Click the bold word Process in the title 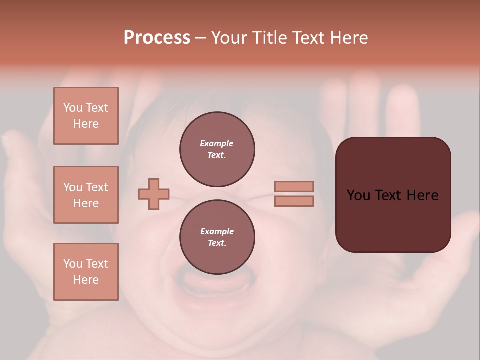[157, 38]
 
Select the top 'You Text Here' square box [86, 116]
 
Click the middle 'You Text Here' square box [86, 195]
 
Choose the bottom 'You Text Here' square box [86, 272]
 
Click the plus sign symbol [154, 194]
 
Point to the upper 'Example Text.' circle [217, 149]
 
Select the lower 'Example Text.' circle [217, 237]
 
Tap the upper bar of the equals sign [294, 186]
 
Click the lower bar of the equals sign [294, 201]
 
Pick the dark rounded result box [393, 195]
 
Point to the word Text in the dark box [393, 195]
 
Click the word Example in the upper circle [216, 143]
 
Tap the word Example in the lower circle [217, 231]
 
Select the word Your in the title [229, 38]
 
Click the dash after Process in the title [200, 38]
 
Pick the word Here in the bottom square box [86, 280]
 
